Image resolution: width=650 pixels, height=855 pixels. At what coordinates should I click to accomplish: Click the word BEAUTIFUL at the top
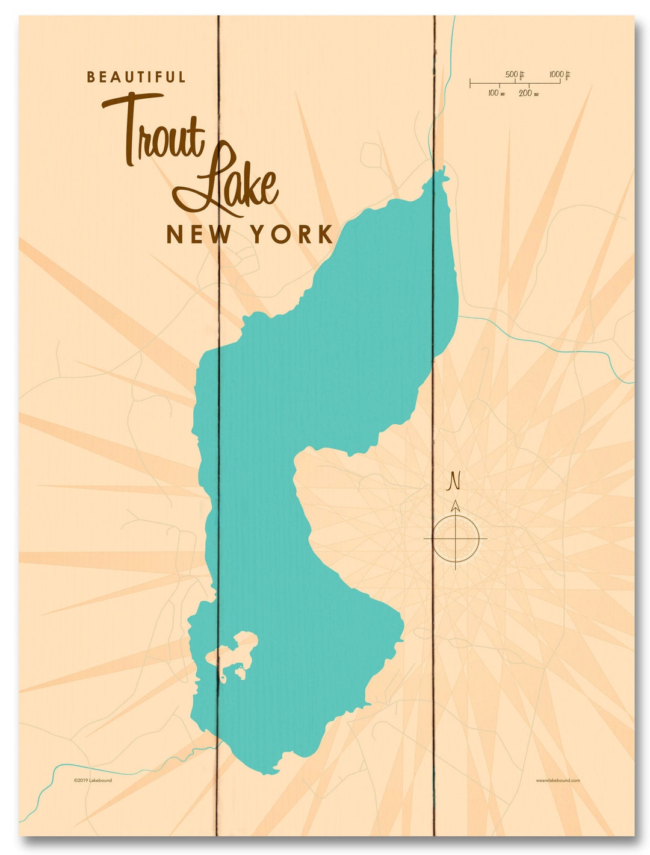pos(136,77)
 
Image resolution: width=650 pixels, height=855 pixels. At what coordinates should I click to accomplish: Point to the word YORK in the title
pos(292,234)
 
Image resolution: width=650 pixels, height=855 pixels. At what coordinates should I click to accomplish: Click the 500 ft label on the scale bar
pos(515,75)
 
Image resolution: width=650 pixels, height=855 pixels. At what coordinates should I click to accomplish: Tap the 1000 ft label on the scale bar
pos(559,75)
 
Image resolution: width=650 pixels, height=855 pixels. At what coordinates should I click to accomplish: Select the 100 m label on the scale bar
pos(496,93)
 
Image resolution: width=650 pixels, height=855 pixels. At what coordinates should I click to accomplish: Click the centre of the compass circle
pos(456,536)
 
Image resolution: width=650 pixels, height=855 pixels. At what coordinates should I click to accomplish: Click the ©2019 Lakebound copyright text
pos(93,780)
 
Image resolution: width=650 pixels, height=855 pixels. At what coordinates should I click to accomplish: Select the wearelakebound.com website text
pos(557,780)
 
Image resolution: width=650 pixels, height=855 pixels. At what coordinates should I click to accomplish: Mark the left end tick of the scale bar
pos(471,83)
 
